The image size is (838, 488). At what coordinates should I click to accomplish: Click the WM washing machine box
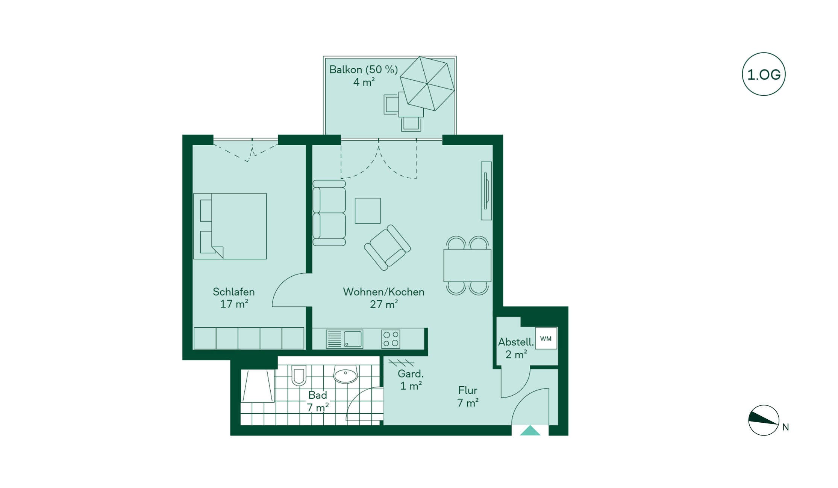tap(546, 338)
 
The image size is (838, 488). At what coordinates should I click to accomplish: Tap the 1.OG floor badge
tap(764, 74)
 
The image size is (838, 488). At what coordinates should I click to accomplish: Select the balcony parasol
tap(427, 83)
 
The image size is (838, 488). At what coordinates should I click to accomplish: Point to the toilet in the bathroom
tap(299, 375)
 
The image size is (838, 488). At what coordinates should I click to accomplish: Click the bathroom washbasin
tap(345, 374)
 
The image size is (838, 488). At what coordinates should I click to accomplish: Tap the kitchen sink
tap(344, 339)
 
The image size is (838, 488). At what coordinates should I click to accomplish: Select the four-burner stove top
tap(391, 339)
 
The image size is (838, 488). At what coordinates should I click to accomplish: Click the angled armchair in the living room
tap(387, 247)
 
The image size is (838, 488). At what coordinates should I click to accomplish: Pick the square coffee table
tap(368, 211)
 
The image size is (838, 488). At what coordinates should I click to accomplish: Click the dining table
tap(467, 265)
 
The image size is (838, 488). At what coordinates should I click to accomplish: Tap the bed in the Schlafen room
tap(230, 226)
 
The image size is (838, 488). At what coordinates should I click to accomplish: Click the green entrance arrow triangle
tap(530, 430)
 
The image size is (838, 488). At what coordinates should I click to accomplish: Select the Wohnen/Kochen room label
tap(383, 292)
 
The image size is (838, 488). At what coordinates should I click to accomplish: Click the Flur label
tap(468, 390)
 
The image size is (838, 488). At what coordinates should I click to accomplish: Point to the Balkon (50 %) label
tap(364, 69)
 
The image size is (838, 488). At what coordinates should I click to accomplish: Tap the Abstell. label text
tap(516, 342)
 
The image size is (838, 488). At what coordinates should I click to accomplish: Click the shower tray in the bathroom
tap(258, 386)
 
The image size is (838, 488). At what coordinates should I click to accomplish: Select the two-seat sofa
tap(329, 213)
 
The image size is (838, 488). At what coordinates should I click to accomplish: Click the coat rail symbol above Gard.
tap(401, 363)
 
